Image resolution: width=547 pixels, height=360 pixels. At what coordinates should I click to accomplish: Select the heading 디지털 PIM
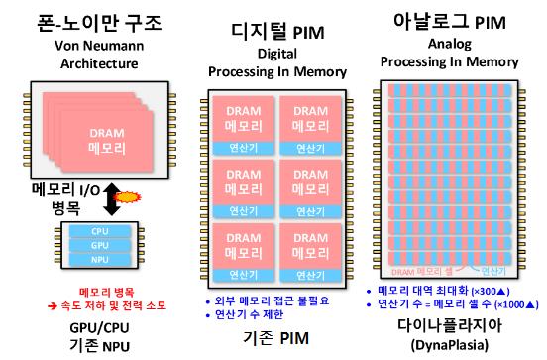(x=275, y=29)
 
